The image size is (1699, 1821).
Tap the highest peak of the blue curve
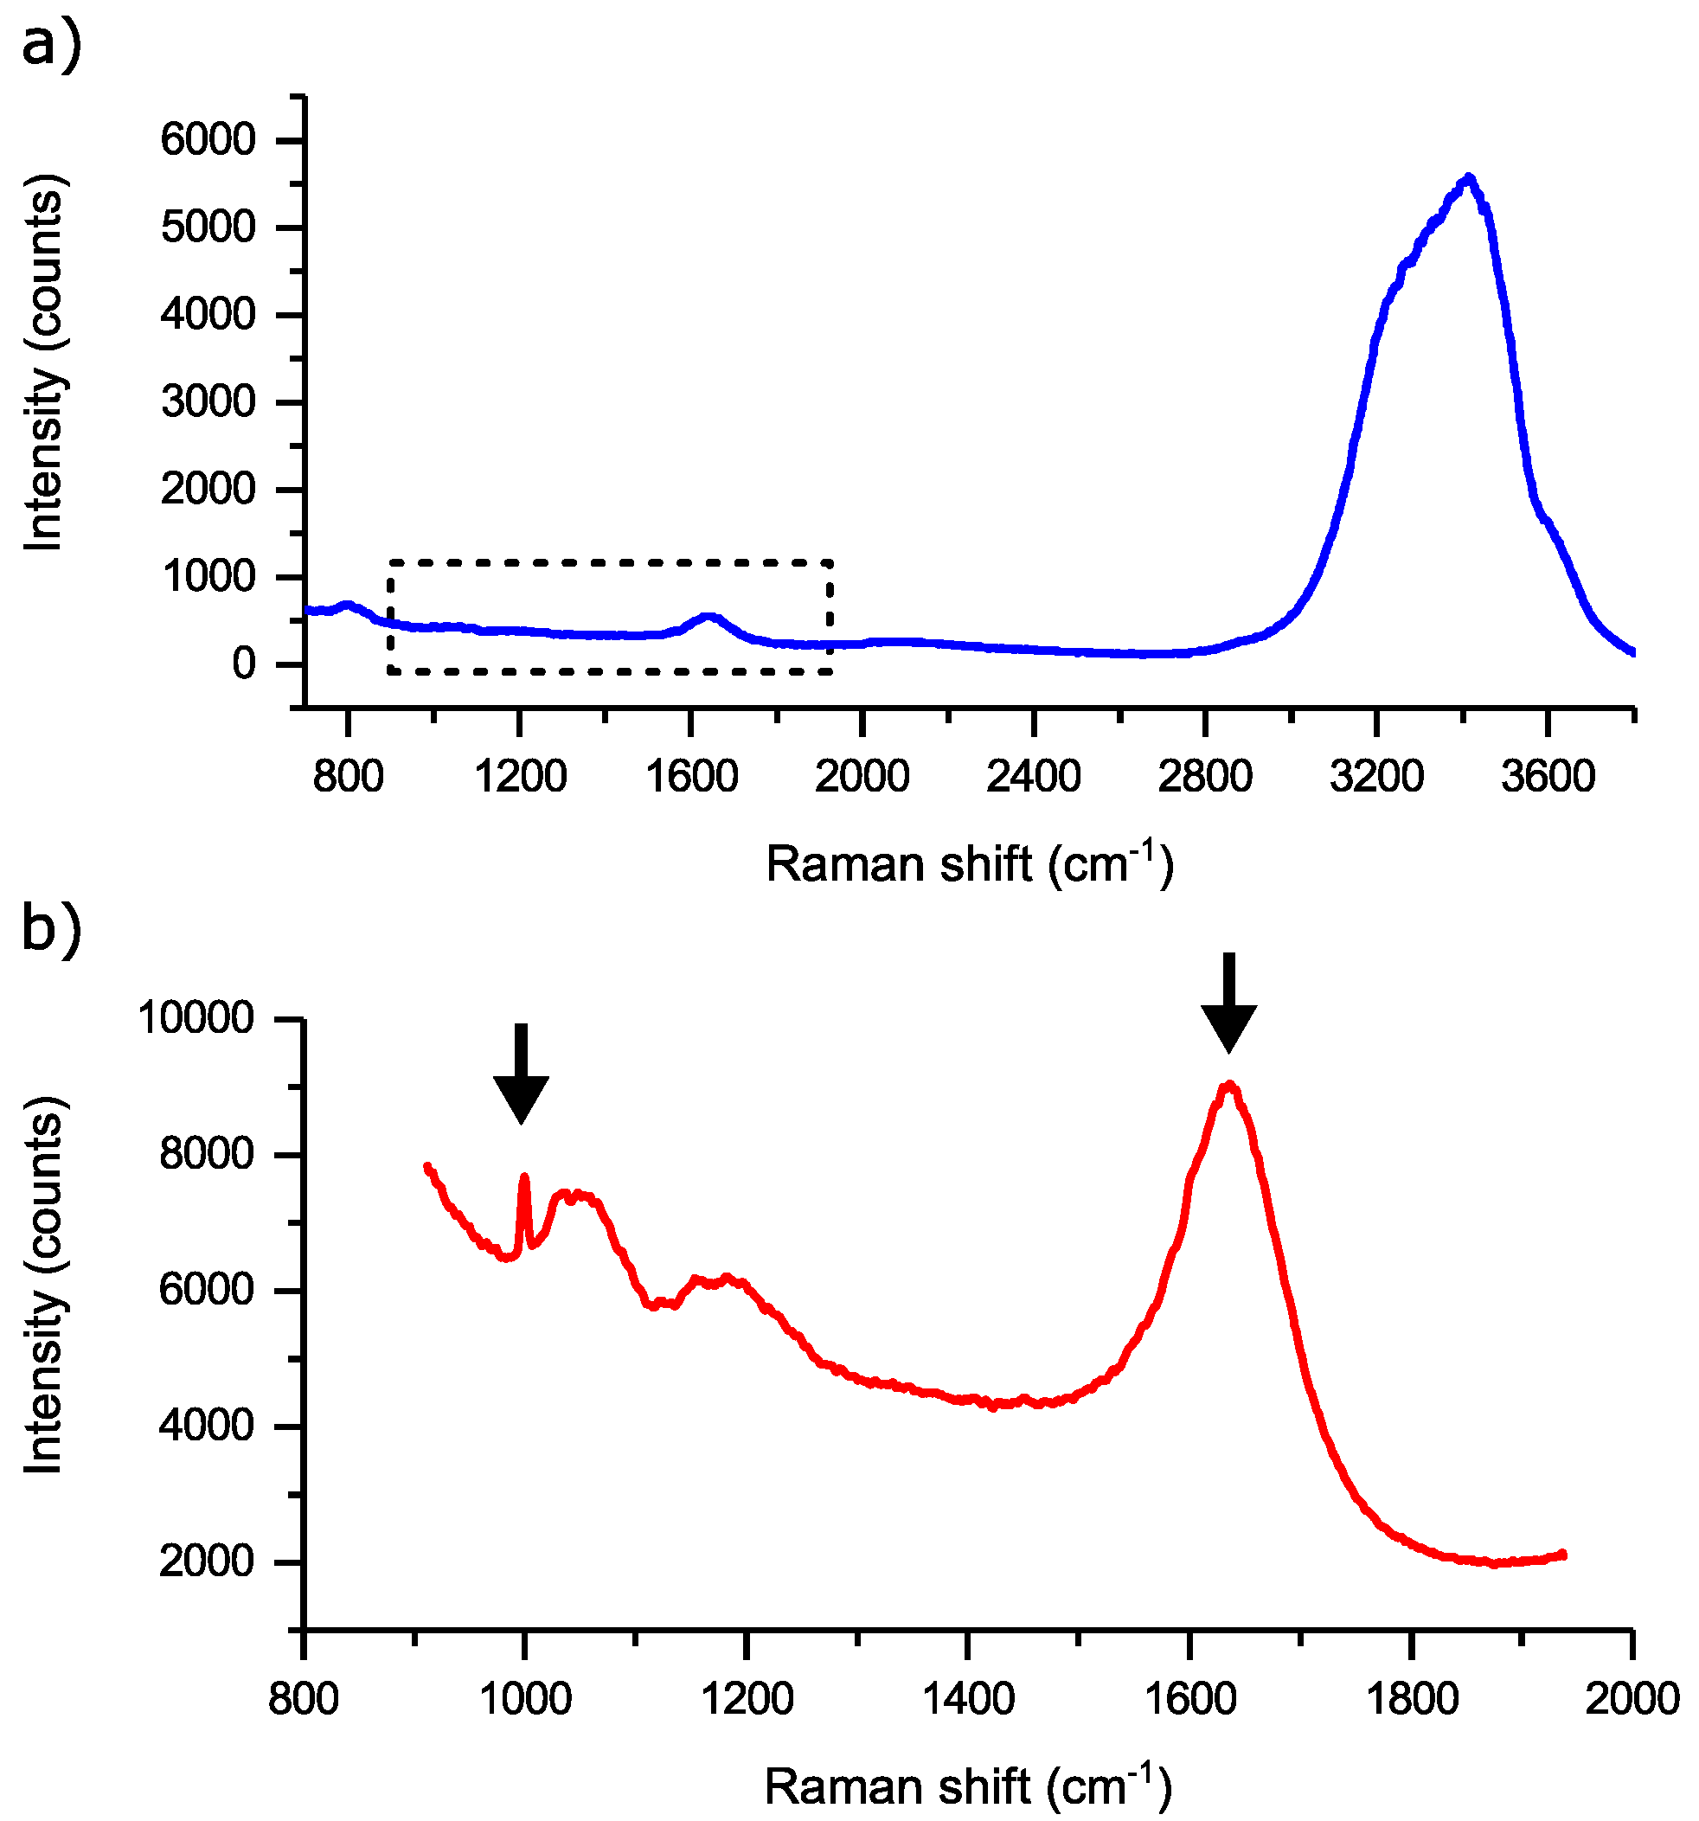1468,177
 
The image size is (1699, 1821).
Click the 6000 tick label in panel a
208,140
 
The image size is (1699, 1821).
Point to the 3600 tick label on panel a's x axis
1548,777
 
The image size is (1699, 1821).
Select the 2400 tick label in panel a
1033,777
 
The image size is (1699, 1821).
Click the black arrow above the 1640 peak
1228,1003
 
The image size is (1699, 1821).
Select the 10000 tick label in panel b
196,1017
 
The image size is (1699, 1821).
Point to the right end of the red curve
1563,1555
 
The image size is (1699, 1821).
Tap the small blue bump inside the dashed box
708,618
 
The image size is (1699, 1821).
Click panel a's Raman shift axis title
969,862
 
